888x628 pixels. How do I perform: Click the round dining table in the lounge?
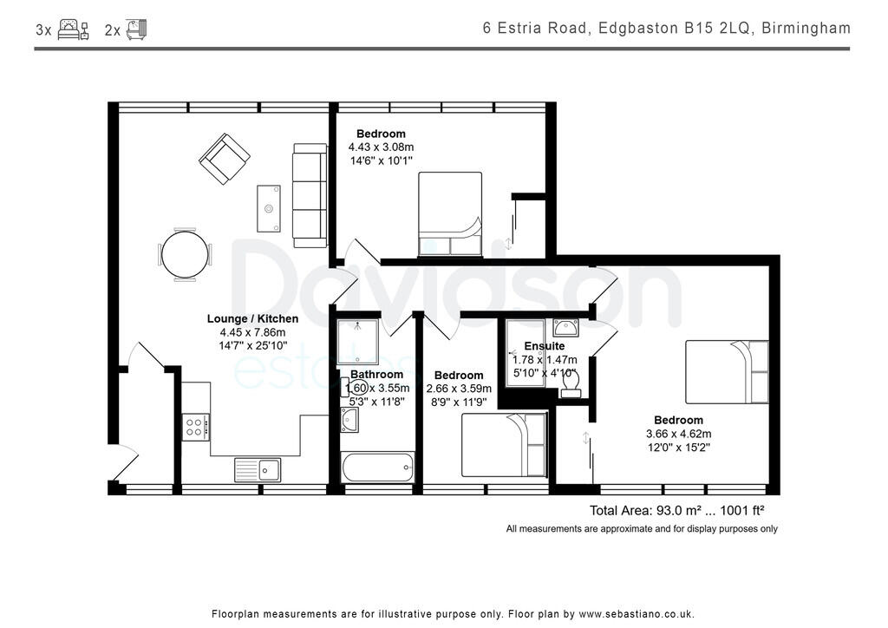[185, 255]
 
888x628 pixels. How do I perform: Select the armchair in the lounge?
[225, 159]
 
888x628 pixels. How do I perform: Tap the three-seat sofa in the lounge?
[309, 193]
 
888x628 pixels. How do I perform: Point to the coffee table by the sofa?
[269, 208]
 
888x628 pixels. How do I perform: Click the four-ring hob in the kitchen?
[195, 426]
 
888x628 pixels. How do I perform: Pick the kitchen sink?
[257, 469]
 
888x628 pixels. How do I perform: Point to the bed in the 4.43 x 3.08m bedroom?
[450, 214]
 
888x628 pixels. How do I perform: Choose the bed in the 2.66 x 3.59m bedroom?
[504, 444]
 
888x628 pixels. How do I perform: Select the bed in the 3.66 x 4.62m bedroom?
[727, 371]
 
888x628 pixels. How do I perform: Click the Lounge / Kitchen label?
[252, 319]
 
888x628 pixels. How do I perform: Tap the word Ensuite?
[545, 346]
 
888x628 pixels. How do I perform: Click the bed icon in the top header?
[73, 29]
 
